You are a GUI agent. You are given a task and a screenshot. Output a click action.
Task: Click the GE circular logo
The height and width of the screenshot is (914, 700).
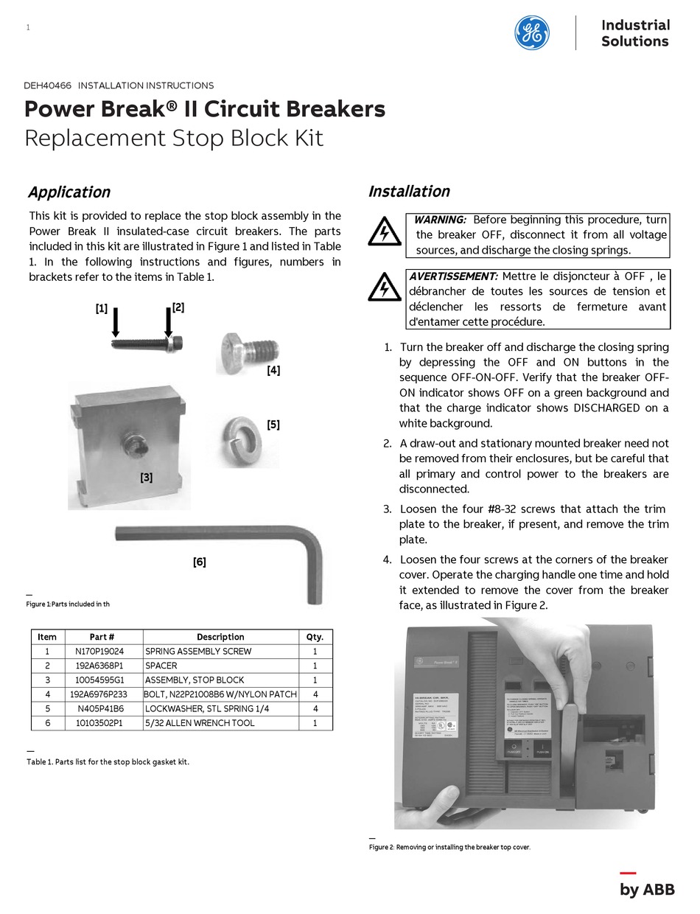pyautogui.click(x=531, y=32)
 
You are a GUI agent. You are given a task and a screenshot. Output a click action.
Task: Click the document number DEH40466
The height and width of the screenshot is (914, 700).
pyautogui.click(x=48, y=86)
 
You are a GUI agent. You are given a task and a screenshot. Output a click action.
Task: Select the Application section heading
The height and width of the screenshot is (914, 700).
pyautogui.click(x=69, y=192)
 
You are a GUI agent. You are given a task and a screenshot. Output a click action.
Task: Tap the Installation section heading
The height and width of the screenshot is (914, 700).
pyautogui.click(x=409, y=192)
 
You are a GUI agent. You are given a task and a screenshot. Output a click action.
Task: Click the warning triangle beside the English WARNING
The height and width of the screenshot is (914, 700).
pyautogui.click(x=383, y=232)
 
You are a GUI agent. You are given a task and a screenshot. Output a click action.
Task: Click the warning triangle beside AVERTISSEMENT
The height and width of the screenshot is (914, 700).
pyautogui.click(x=383, y=287)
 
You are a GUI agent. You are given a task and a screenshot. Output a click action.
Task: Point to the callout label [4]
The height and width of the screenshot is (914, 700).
pyautogui.click(x=273, y=371)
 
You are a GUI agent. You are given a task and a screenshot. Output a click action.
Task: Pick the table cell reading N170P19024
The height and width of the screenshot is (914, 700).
pyautogui.click(x=99, y=651)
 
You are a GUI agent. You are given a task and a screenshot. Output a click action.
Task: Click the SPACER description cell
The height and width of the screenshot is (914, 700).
pyautogui.click(x=161, y=666)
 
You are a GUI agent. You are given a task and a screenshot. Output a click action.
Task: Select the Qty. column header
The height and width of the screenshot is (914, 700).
pyautogui.click(x=315, y=637)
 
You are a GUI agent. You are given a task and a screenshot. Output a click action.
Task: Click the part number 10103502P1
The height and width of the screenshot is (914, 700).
pyautogui.click(x=99, y=723)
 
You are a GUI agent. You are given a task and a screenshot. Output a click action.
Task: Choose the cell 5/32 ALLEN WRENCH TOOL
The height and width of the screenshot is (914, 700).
pyautogui.click(x=200, y=723)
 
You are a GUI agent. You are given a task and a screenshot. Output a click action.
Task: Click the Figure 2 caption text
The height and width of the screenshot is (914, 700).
pyautogui.click(x=449, y=847)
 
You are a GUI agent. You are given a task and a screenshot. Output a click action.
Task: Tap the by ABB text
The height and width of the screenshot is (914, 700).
pyautogui.click(x=647, y=890)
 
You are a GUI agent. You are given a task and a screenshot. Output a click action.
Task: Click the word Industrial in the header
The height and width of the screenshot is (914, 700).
pyautogui.click(x=635, y=25)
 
